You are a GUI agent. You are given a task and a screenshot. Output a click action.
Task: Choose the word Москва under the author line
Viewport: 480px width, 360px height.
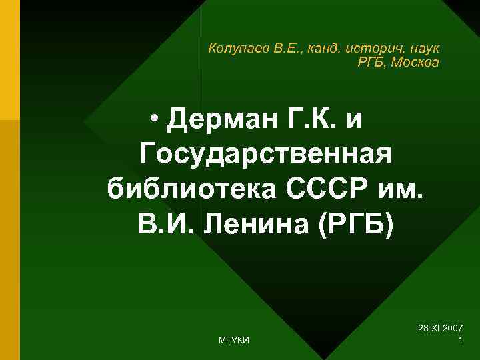(415, 63)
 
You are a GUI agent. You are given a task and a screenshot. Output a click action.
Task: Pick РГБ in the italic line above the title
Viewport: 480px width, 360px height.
(372, 63)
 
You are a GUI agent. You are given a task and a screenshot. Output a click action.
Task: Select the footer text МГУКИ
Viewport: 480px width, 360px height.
(234, 341)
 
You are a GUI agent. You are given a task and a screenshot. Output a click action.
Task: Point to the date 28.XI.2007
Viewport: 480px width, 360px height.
(441, 329)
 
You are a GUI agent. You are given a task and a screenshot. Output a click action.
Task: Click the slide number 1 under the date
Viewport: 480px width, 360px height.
(461, 341)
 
